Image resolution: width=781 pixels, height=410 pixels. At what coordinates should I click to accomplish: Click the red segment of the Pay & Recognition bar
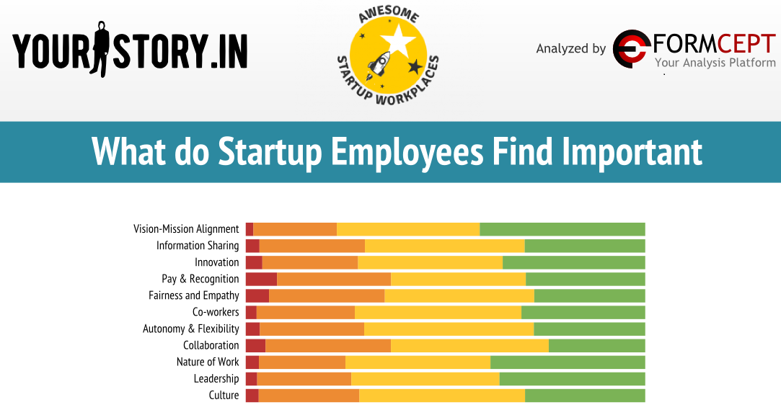(x=261, y=279)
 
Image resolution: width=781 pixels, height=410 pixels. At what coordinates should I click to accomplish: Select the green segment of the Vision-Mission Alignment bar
(x=562, y=229)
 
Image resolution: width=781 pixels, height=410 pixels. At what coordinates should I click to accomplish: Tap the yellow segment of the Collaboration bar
(x=469, y=345)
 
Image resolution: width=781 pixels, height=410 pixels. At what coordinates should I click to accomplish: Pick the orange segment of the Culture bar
(x=309, y=395)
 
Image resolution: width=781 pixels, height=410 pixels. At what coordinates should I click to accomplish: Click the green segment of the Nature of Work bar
(x=568, y=362)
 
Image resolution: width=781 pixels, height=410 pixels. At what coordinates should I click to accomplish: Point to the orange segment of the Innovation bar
(x=309, y=262)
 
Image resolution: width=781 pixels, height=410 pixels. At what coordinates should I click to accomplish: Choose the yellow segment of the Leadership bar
(x=425, y=378)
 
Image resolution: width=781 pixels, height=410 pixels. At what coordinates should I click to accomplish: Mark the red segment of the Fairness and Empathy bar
(x=257, y=295)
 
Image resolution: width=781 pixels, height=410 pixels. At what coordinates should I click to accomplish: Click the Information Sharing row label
(x=198, y=246)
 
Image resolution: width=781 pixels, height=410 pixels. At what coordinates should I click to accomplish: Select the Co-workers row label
(x=216, y=312)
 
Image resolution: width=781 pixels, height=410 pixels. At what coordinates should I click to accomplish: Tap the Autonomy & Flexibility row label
(x=191, y=329)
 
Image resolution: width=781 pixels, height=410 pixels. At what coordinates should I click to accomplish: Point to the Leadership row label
(x=216, y=378)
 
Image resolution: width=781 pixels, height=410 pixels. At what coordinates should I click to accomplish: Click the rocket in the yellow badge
(x=379, y=66)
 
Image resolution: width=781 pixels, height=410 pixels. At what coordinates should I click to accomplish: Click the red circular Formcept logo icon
(x=630, y=49)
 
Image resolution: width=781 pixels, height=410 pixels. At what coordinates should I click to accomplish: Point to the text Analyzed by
(x=571, y=49)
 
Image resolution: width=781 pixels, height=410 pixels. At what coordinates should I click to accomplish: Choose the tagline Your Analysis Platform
(x=715, y=63)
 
